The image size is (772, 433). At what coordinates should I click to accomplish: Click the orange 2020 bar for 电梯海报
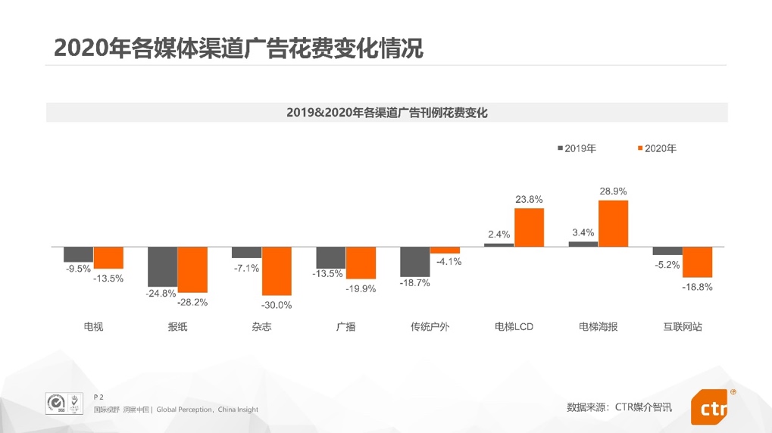click(x=613, y=223)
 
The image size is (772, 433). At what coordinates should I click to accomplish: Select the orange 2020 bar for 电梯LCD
click(x=529, y=227)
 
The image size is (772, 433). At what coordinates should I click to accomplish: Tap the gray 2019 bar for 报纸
click(x=163, y=266)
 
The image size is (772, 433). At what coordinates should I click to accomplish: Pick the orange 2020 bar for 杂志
click(x=277, y=271)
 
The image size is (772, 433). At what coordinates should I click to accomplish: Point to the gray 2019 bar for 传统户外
click(x=415, y=261)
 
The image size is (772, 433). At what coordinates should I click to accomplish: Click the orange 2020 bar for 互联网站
click(x=697, y=262)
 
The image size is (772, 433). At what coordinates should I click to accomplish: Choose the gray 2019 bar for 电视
click(x=79, y=254)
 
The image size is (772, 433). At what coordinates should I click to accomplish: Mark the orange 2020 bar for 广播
click(x=361, y=263)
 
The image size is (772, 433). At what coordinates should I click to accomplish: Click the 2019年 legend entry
click(x=577, y=148)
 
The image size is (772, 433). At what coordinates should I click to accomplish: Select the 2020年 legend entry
click(x=656, y=148)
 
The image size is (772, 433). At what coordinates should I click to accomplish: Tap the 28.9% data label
click(x=613, y=192)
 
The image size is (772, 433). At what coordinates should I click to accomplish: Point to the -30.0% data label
click(x=277, y=305)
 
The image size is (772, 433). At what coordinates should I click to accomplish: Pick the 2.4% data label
click(x=499, y=234)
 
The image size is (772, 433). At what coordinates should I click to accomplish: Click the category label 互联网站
click(x=682, y=327)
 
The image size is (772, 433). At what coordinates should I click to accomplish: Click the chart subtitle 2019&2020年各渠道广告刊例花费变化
click(x=386, y=113)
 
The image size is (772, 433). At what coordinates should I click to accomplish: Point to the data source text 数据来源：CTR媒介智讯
click(x=619, y=407)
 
